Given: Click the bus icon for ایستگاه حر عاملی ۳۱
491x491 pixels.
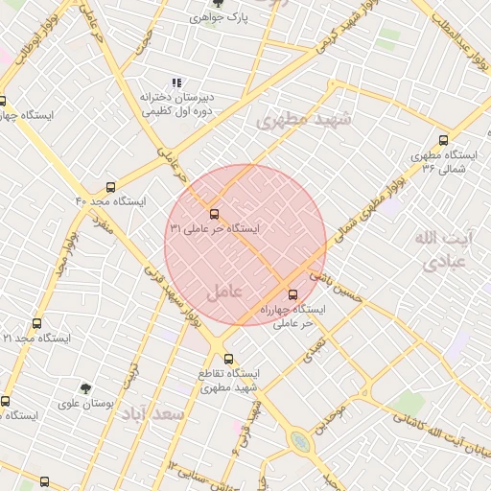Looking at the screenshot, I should pos(214,214).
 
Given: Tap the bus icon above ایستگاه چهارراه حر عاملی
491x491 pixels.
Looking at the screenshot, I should pos(292,294).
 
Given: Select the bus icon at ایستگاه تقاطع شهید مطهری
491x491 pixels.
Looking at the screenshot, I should pos(228,358).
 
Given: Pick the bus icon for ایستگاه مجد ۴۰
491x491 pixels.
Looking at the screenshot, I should pos(111,187).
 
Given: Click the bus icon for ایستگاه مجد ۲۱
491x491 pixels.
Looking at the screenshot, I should pos(37,324).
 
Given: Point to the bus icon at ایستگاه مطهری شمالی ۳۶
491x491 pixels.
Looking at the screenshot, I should pos(442,140).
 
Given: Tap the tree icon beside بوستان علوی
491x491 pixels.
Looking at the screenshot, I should pos(86,388).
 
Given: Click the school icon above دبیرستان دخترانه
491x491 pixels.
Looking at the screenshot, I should pos(175,83).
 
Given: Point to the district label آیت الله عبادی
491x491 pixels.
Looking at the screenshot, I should pos(440,247).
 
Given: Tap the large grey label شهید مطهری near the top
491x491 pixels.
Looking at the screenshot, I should pos(305,120).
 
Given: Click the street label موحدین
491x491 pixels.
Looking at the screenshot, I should pos(331,419).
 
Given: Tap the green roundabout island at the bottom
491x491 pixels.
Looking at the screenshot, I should pos(301,441).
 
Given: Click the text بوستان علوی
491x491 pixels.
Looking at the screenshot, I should pos(119,404).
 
